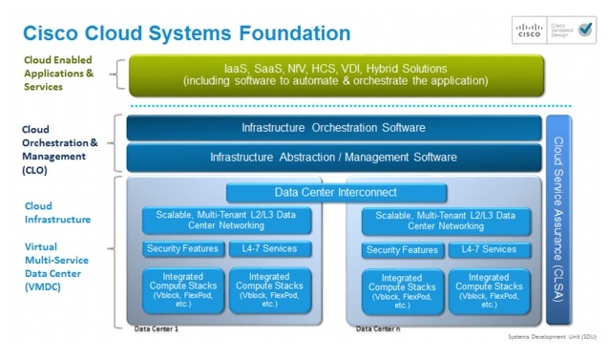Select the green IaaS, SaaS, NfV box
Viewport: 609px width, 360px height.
pyautogui.click(x=329, y=75)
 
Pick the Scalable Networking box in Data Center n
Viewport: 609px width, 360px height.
pyautogui.click(x=440, y=221)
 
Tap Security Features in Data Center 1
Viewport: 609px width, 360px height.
pyautogui.click(x=183, y=249)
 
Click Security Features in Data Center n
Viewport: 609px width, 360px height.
pyautogui.click(x=401, y=250)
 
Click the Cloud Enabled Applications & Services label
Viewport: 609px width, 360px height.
pyautogui.click(x=59, y=73)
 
